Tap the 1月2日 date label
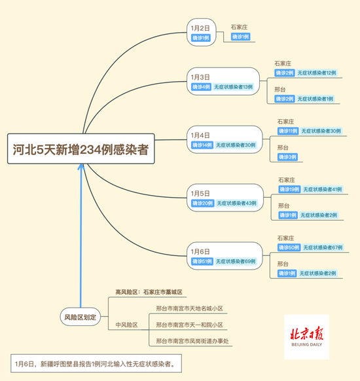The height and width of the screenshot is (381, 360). coord(200,28)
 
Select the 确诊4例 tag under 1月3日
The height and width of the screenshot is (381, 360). coord(201,86)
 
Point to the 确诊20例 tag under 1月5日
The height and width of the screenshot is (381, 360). coord(202,203)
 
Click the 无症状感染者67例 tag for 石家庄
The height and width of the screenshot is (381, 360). coord(323,248)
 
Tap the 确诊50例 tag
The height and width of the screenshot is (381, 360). coord(289,248)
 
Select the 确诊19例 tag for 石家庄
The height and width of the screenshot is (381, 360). coord(289,189)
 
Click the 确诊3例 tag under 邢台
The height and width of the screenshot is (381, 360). coord(287,157)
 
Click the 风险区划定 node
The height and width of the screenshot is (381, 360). coord(81,316)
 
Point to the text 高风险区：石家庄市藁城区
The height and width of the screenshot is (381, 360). coord(149,292)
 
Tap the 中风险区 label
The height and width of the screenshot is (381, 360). coord(127,325)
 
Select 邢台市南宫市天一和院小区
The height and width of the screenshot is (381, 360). coord(189,325)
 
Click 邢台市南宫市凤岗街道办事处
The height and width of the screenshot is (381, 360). coord(193,341)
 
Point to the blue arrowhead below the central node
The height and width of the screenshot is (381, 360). coord(82,166)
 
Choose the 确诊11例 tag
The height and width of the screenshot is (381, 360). coord(288,131)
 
